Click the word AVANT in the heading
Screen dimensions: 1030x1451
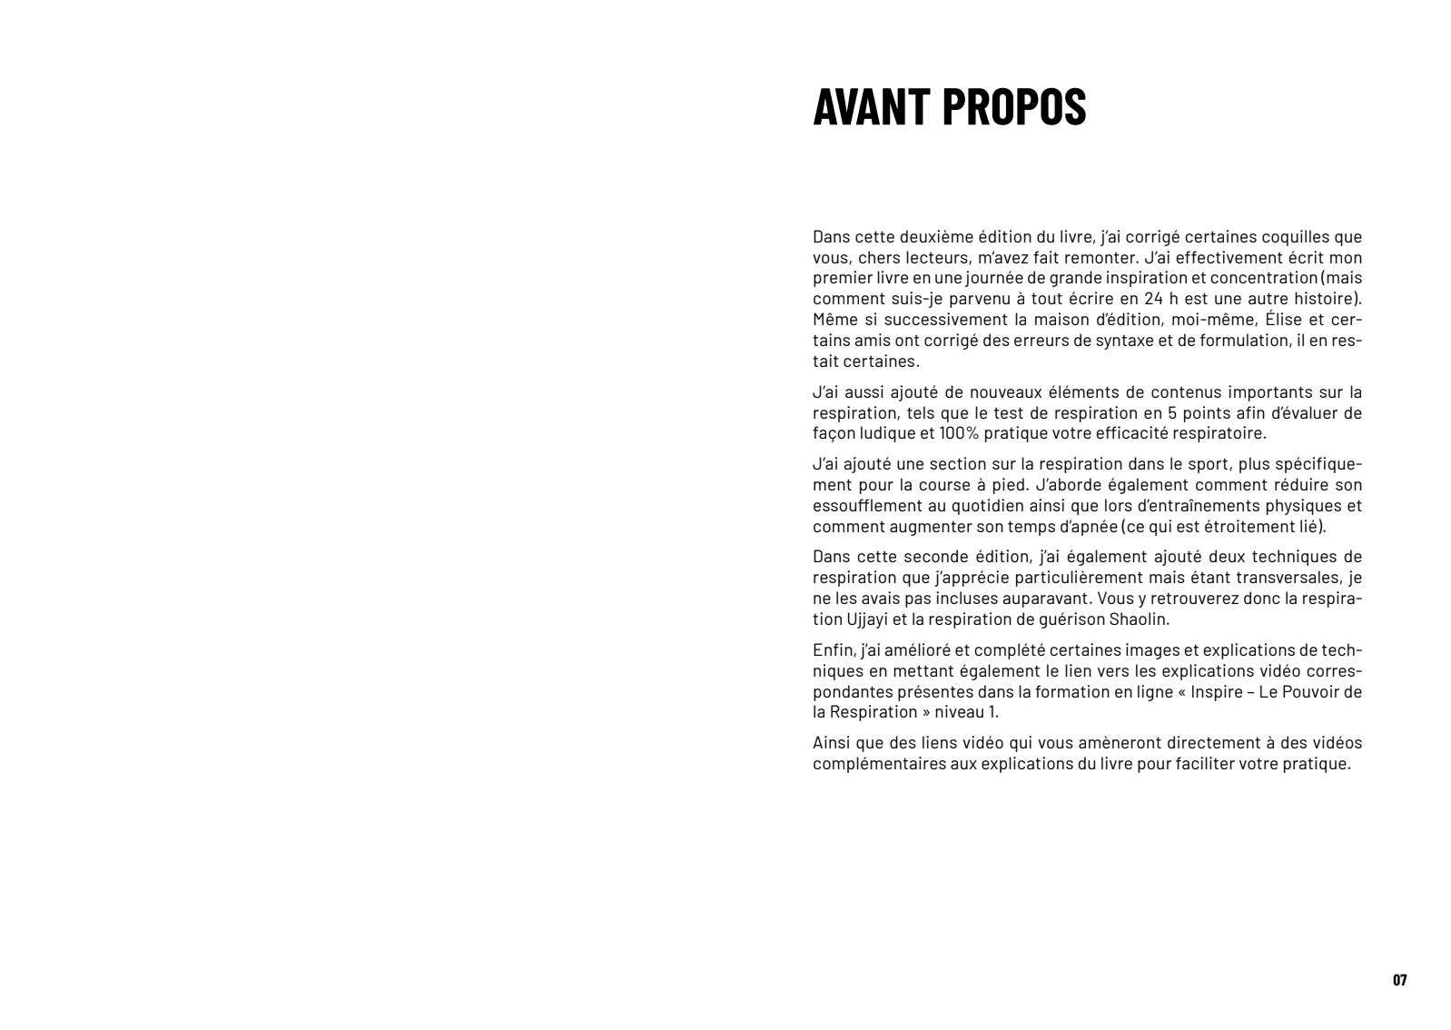[x=871, y=107]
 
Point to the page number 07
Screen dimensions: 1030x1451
[x=1399, y=980]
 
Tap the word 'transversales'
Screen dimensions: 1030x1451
[x=1289, y=578]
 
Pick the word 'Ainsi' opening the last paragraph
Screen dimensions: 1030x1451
[x=831, y=743]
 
